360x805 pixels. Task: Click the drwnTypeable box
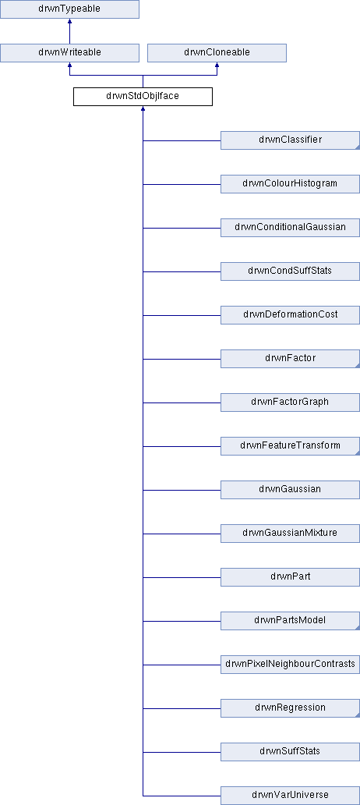(x=69, y=9)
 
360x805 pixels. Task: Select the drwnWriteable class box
(x=69, y=53)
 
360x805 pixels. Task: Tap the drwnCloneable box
(x=217, y=53)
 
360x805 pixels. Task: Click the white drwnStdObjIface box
(x=143, y=97)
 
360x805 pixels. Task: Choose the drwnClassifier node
(x=290, y=140)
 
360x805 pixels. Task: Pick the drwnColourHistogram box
(x=290, y=184)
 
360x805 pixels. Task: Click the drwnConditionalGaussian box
(x=290, y=228)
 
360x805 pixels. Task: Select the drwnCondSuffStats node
(x=290, y=271)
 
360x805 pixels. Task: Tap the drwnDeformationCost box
(x=290, y=314)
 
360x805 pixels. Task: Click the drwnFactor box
(x=290, y=358)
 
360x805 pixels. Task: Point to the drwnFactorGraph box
(x=290, y=402)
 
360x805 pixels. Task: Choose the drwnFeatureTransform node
(x=290, y=445)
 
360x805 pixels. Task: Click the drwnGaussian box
(x=290, y=489)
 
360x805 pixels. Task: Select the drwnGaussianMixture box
(x=290, y=533)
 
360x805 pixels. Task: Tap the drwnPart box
(x=290, y=576)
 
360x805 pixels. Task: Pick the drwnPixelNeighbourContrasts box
(x=290, y=664)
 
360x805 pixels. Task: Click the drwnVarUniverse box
(x=290, y=795)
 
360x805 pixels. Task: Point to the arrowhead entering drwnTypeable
(x=69, y=22)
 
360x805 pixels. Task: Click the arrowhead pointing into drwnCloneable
(x=217, y=66)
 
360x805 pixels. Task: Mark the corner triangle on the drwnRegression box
(x=357, y=715)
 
